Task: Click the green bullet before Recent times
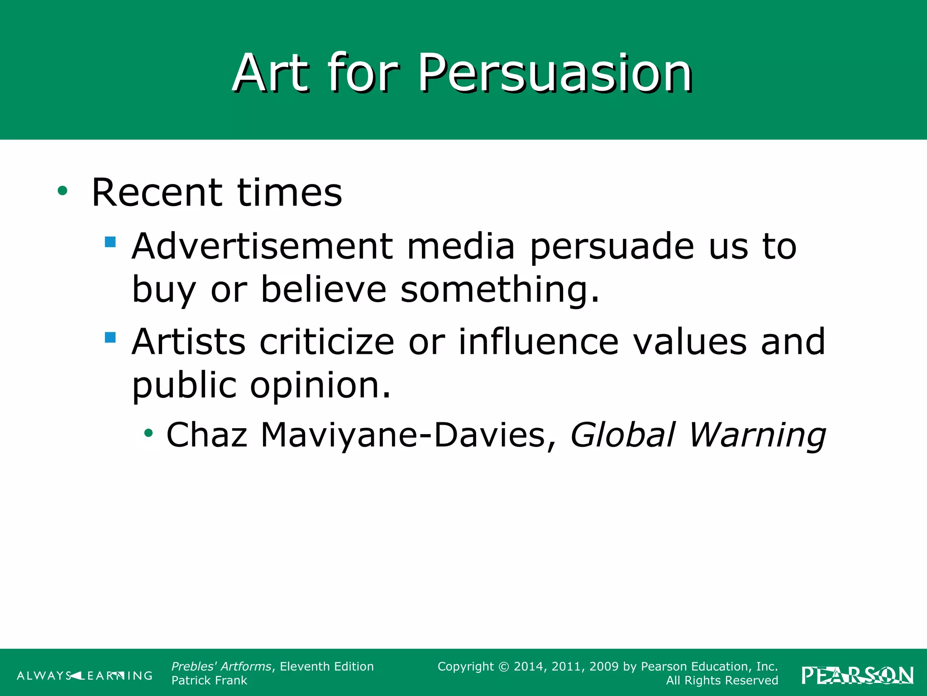[x=62, y=191]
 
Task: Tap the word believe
[x=324, y=290]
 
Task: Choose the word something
[x=500, y=290]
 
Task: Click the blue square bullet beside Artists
[x=110, y=338]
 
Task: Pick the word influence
[x=539, y=342]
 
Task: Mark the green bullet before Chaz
[x=148, y=434]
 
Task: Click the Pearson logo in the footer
[x=857, y=676]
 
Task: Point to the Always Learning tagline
[x=85, y=676]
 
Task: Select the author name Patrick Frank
[x=209, y=681]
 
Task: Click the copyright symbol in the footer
[x=504, y=667]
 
